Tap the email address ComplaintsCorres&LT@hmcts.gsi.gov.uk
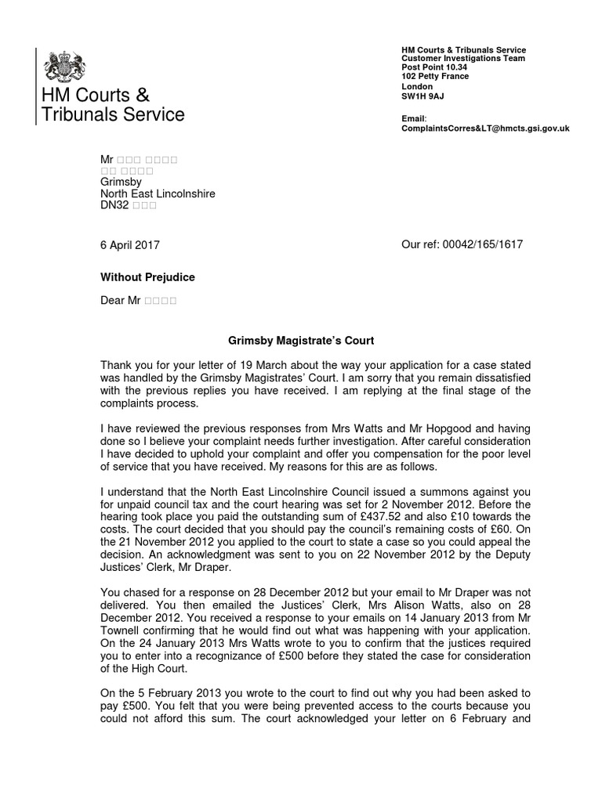pos(485,128)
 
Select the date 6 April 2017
pos(130,245)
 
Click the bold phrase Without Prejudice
pos(148,277)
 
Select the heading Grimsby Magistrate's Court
pos(301,341)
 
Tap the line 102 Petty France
pos(435,77)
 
